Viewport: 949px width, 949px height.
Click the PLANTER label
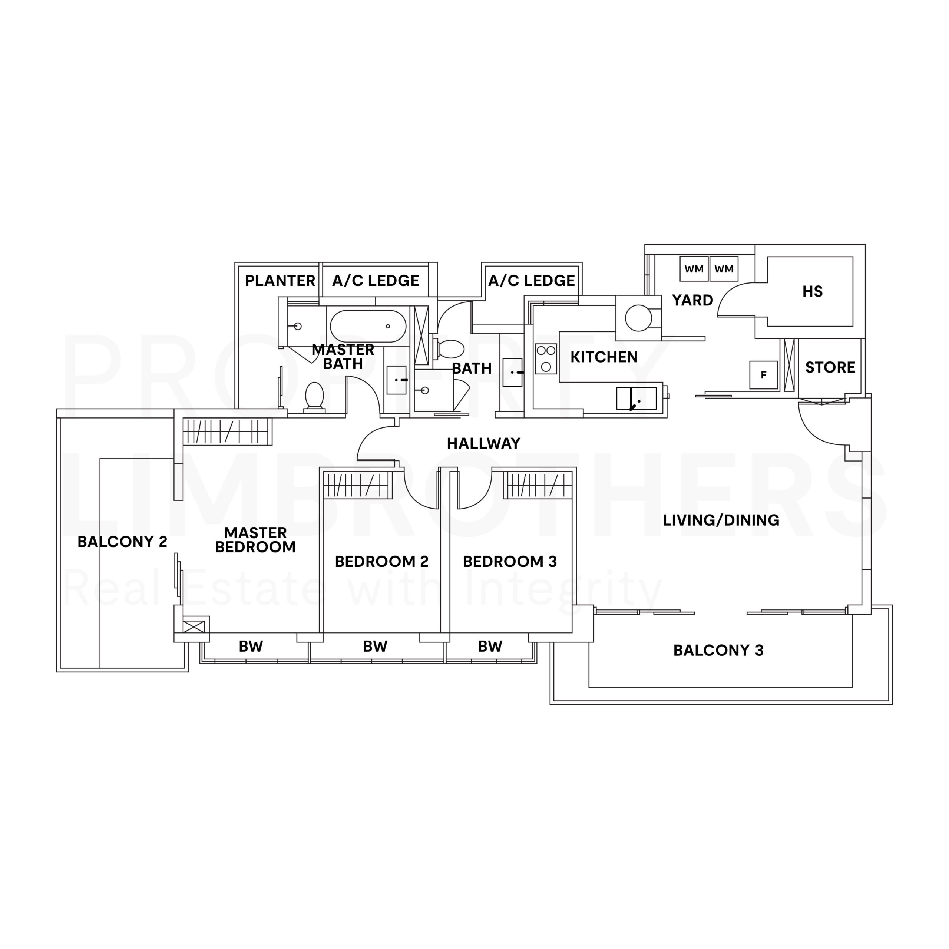coord(280,281)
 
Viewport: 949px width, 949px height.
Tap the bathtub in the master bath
coord(368,326)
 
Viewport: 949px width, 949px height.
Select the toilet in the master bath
coord(314,396)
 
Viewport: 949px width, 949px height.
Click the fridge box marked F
coord(763,375)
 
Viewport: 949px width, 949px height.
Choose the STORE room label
coord(830,367)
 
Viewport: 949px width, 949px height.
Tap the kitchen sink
coord(636,398)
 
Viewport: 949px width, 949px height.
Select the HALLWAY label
coord(483,444)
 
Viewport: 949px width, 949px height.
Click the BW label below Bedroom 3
coord(490,647)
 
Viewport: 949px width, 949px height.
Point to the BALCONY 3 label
coord(718,650)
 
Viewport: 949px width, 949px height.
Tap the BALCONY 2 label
coord(122,542)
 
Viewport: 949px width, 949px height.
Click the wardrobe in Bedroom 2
coord(356,485)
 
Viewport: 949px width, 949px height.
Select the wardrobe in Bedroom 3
coord(539,485)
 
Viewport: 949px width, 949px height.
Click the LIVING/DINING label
coord(721,520)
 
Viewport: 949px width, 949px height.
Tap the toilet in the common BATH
coord(450,349)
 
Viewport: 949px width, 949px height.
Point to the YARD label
coord(692,300)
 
